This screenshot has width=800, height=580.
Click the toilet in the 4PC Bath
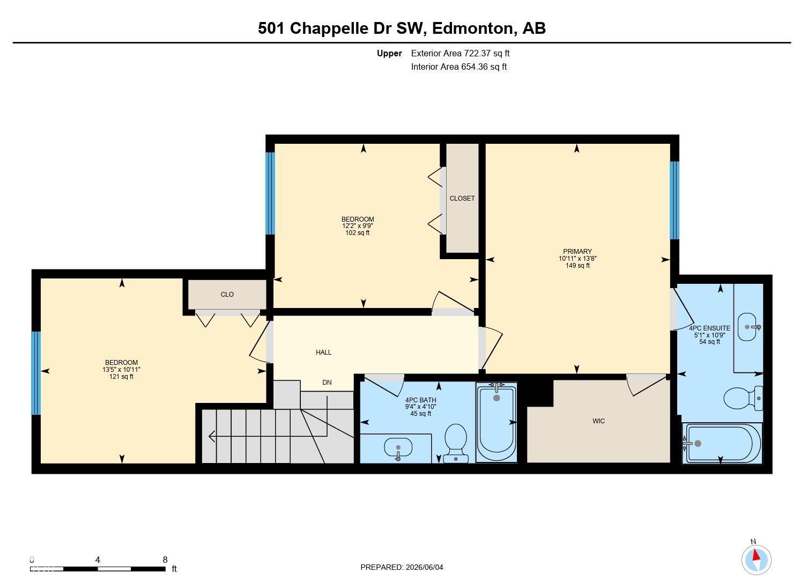[x=456, y=443]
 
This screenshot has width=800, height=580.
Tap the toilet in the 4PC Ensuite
[x=743, y=398]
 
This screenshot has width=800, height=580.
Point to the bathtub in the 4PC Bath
[x=497, y=422]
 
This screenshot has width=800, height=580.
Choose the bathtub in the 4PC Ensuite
[x=721, y=444]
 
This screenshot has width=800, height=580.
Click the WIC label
[x=598, y=421]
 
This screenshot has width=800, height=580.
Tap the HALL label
[x=323, y=353]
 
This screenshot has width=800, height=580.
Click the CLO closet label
[x=227, y=295]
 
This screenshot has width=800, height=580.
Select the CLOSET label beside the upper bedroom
[x=462, y=199]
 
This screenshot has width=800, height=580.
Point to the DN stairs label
[x=327, y=383]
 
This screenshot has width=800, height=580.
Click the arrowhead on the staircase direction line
[x=211, y=436]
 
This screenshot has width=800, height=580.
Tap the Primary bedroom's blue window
[x=675, y=200]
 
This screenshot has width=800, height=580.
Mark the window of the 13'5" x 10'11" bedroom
[x=36, y=373]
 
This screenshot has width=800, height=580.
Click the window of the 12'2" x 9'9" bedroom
[x=270, y=193]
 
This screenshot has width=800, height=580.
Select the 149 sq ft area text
[x=577, y=266]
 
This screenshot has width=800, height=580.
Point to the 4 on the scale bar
[x=98, y=560]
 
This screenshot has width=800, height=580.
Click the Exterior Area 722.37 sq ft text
[x=460, y=53]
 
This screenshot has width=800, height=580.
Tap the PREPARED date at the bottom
[x=402, y=567]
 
